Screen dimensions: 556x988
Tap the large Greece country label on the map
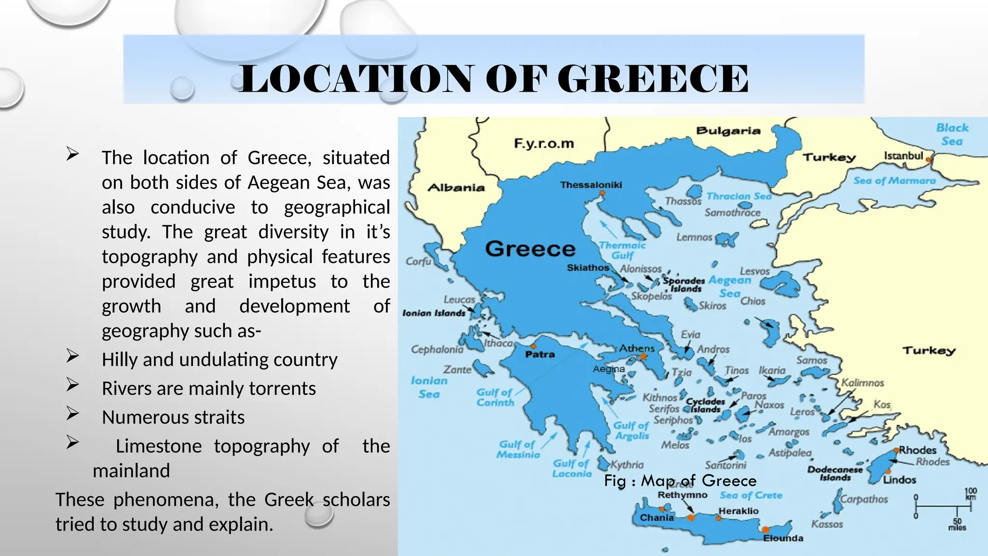[x=530, y=249]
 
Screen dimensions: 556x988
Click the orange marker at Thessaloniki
[x=602, y=194]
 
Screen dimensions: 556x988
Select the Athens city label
[x=637, y=348]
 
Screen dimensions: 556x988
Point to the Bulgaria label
[x=728, y=131]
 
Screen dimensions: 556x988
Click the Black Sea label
[x=952, y=135]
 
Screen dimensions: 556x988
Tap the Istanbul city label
[x=903, y=156]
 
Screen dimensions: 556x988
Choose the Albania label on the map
[x=456, y=188]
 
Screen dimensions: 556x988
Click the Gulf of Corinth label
[x=495, y=398]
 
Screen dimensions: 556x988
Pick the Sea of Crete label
[x=751, y=495]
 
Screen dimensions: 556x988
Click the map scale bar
[x=942, y=507]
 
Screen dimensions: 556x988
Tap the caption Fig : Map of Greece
[x=680, y=481]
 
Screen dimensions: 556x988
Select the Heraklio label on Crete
[x=738, y=511]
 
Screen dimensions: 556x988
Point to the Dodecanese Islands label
[x=835, y=473]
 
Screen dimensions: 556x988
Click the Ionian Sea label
[x=429, y=387]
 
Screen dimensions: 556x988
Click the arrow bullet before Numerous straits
[x=72, y=414]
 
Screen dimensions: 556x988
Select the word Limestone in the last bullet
[x=159, y=446]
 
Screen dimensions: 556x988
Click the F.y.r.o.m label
[x=544, y=143]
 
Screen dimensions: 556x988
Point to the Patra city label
[x=540, y=354]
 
